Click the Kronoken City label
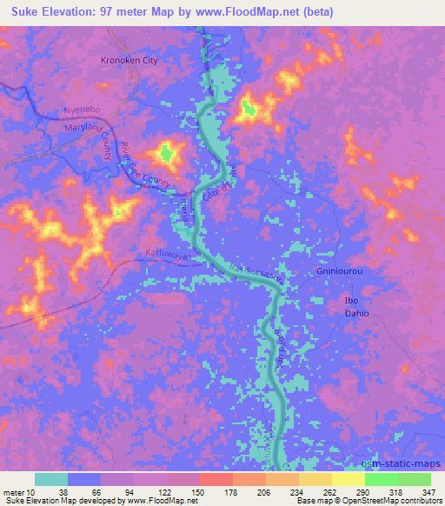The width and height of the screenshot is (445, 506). [x=128, y=61]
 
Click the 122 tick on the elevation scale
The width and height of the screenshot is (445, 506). [x=165, y=491]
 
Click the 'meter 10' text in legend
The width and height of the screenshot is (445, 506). [x=18, y=491]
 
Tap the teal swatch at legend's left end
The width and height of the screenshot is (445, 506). [x=51, y=479]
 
